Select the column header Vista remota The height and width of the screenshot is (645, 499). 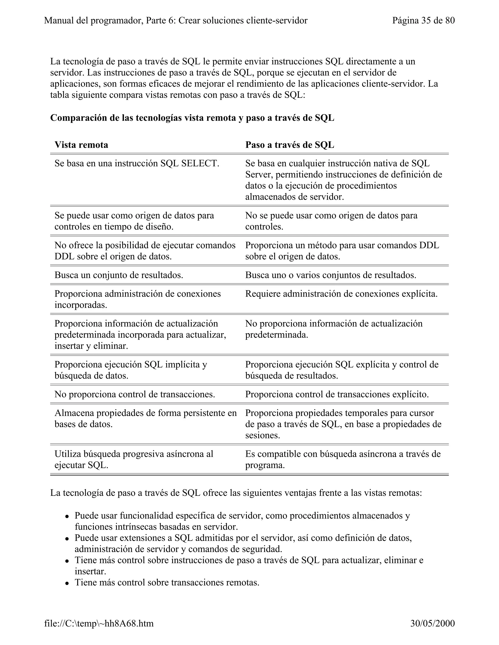(x=81, y=145)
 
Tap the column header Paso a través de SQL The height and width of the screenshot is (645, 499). (x=289, y=145)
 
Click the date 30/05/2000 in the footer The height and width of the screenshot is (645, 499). (x=432, y=623)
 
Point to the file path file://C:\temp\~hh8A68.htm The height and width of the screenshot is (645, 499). (x=99, y=623)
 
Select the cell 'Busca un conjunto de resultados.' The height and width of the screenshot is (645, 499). (x=119, y=275)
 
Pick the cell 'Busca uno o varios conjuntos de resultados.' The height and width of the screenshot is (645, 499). (x=330, y=275)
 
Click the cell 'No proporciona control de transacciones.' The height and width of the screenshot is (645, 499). (x=134, y=394)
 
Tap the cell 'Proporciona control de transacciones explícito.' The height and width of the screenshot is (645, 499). (x=337, y=394)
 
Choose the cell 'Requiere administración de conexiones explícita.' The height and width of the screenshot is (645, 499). (x=341, y=294)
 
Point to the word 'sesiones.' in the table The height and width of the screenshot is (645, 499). (x=262, y=435)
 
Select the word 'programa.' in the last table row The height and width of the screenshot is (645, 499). (x=265, y=465)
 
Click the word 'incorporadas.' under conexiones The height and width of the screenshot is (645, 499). (x=81, y=305)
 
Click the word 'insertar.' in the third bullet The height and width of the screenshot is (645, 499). (x=90, y=571)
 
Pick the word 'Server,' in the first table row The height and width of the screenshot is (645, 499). (x=259, y=175)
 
